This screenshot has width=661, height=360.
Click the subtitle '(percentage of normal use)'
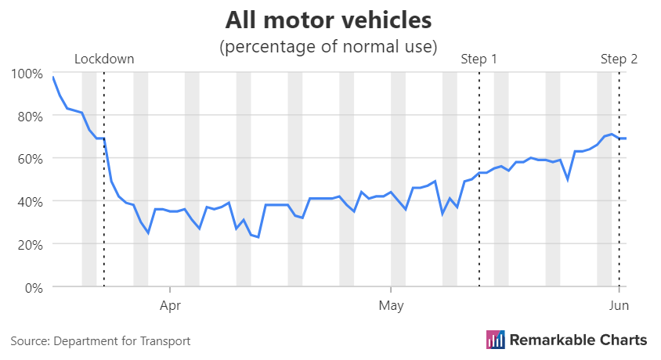click(x=327, y=46)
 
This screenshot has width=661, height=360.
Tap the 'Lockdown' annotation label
click(x=104, y=59)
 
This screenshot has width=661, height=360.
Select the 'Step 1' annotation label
click(x=479, y=59)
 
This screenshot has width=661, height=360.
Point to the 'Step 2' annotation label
click(x=619, y=59)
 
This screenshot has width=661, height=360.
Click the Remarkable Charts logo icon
click(x=495, y=340)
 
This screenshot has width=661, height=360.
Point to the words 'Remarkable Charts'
click(x=578, y=340)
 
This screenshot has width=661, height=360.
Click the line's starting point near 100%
click(x=53, y=77)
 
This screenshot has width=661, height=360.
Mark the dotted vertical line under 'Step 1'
click(x=479, y=219)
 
